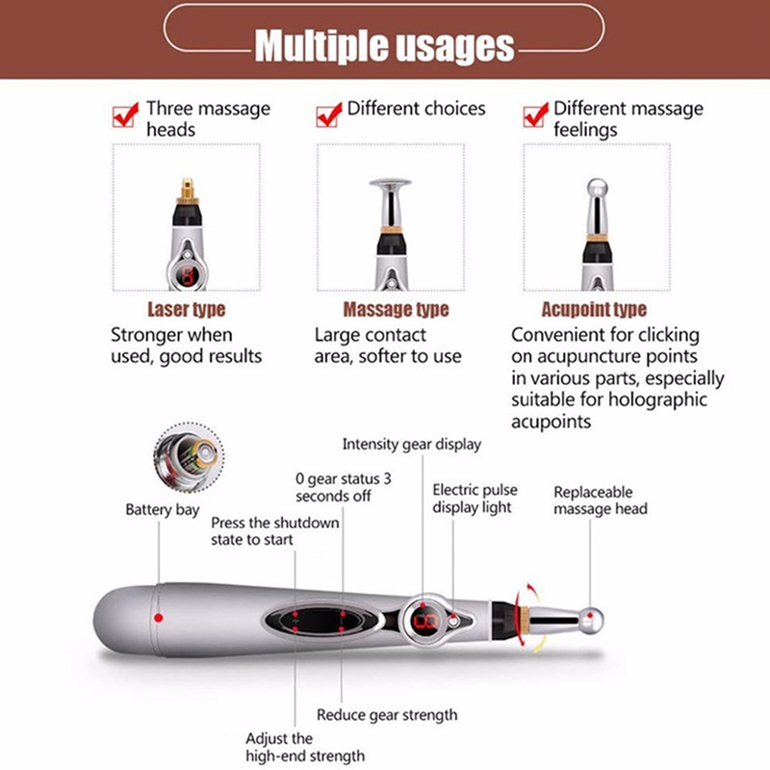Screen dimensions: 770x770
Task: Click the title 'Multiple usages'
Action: pyautogui.click(x=384, y=45)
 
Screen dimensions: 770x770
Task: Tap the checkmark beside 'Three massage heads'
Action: pyautogui.click(x=125, y=115)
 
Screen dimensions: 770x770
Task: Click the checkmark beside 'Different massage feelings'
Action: pyautogui.click(x=536, y=115)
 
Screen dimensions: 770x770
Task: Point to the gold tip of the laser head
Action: pyautogui.click(x=187, y=190)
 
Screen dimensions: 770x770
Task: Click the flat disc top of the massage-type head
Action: pyautogui.click(x=391, y=184)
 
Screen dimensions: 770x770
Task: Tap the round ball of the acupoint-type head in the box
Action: pyautogui.click(x=597, y=188)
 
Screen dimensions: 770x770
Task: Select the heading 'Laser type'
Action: pyautogui.click(x=187, y=309)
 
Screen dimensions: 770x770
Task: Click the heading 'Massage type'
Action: pyautogui.click(x=396, y=309)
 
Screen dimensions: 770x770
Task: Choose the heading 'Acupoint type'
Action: pyautogui.click(x=594, y=309)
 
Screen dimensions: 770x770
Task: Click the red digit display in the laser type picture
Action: pyautogui.click(x=187, y=275)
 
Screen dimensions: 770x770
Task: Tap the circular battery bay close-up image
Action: pyautogui.click(x=189, y=457)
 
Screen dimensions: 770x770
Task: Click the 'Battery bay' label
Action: pyautogui.click(x=162, y=510)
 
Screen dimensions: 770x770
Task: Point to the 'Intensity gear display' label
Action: pyautogui.click(x=412, y=445)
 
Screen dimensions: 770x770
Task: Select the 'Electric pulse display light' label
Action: pyautogui.click(x=475, y=499)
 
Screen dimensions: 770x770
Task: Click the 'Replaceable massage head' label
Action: pyautogui.click(x=600, y=500)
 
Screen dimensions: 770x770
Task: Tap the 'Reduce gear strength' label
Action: pyautogui.click(x=387, y=715)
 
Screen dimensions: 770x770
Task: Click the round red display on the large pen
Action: pyautogui.click(x=423, y=621)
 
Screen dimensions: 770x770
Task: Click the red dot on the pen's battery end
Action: pyautogui.click(x=158, y=618)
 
